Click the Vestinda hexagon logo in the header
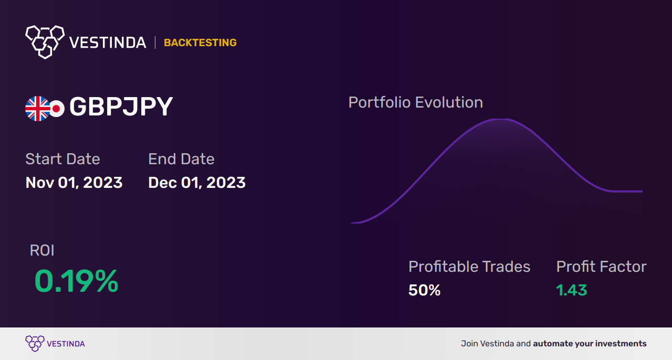click(x=45, y=41)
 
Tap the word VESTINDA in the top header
click(x=108, y=43)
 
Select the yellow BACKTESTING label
click(x=200, y=43)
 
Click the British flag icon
click(x=37, y=109)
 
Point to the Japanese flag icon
click(x=56, y=109)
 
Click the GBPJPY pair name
click(x=121, y=107)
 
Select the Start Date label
click(x=62, y=159)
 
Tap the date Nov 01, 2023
click(x=74, y=183)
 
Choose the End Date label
click(x=181, y=159)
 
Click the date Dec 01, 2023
click(x=197, y=183)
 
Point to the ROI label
click(x=42, y=250)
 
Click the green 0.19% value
click(x=76, y=281)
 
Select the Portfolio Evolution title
click(x=415, y=102)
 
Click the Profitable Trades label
click(x=469, y=267)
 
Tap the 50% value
click(x=424, y=290)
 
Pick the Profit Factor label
click(x=601, y=267)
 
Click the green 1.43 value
click(x=571, y=290)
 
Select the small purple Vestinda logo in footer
click(x=35, y=343)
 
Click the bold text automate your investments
click(x=590, y=344)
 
